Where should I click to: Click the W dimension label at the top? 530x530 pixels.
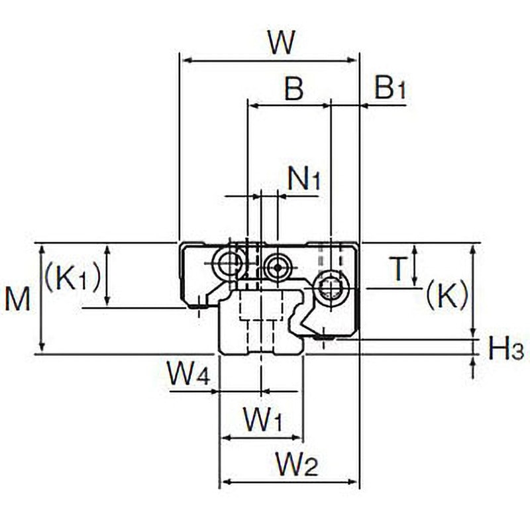[282, 42]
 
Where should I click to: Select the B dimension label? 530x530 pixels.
[294, 89]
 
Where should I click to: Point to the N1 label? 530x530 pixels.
[303, 178]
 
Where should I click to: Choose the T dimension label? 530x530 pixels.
[399, 269]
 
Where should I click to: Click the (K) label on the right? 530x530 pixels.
[447, 295]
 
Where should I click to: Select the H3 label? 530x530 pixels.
[505, 349]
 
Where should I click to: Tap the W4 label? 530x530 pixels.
[189, 374]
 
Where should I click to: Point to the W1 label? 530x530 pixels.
[262, 419]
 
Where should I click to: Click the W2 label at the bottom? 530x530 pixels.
[297, 464]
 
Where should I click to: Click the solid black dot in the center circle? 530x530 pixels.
[278, 268]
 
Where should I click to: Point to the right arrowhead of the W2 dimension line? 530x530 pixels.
[352, 482]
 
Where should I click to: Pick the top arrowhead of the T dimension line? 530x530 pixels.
[415, 250]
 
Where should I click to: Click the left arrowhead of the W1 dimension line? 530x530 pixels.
[225, 438]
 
